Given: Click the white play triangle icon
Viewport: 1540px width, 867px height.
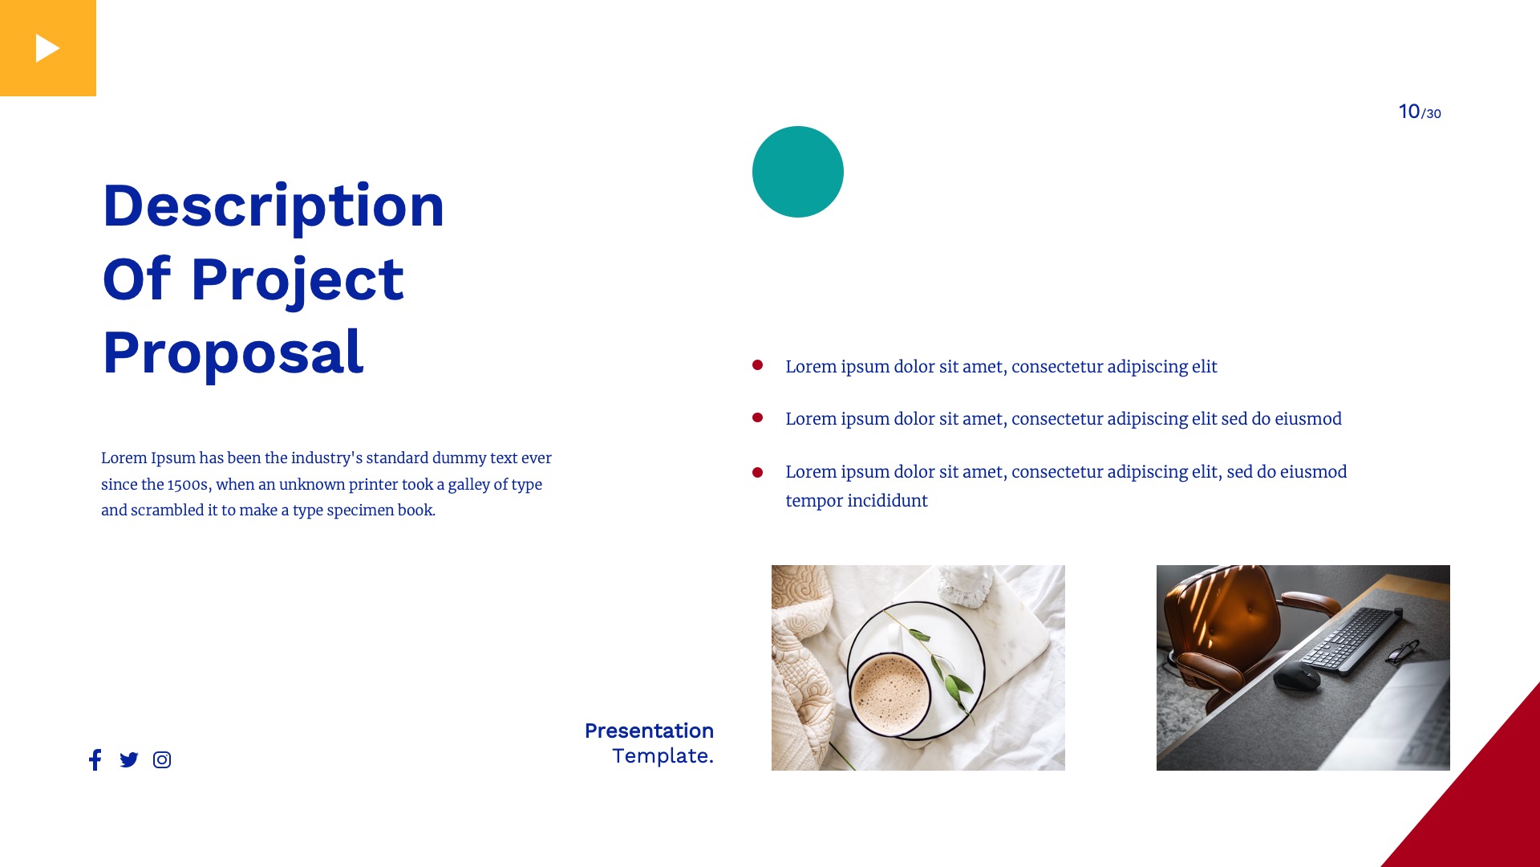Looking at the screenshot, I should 47,49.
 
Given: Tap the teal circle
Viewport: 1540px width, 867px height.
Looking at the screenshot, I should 797,172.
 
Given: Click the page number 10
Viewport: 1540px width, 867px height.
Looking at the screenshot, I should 1408,112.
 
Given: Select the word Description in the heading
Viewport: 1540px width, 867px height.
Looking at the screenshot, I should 273,206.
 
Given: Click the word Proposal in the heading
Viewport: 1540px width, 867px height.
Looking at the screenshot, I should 233,352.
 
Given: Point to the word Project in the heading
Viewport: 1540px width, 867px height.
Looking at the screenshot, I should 297,280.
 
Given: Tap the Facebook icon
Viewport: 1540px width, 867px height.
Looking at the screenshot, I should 95,759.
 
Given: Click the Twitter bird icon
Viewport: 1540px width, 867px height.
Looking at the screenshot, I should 128,759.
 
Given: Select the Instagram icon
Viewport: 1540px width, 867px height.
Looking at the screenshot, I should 162,759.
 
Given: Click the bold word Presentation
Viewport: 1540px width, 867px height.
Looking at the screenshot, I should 648,731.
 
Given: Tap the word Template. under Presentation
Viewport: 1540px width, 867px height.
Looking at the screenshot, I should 662,755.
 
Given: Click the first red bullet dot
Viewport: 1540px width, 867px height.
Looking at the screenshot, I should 757,365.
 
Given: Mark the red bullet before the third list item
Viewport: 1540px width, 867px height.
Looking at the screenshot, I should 757,472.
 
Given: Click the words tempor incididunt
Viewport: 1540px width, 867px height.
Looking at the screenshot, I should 856,501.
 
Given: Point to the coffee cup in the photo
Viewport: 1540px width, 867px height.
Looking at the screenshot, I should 889,692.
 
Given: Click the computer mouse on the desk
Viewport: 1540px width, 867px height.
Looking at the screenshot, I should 1297,676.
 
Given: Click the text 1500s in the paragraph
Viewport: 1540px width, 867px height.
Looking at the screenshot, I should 188,484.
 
